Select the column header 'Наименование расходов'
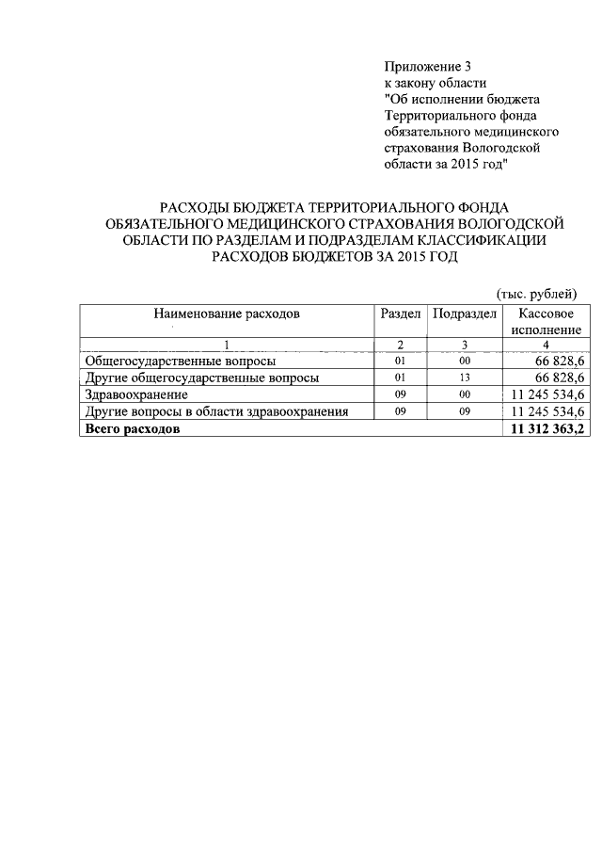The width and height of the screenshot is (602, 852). (227, 313)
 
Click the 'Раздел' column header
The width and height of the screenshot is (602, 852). (400, 313)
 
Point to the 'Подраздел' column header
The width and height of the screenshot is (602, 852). (464, 313)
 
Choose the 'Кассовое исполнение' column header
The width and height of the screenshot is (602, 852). (547, 322)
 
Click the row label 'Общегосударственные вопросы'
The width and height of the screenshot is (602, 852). (180, 361)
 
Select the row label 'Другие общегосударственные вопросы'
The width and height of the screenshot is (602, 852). (201, 378)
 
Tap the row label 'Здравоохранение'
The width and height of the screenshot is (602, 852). (136, 394)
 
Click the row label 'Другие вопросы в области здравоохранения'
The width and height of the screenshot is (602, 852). (216, 411)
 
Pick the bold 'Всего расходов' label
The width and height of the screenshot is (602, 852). (132, 429)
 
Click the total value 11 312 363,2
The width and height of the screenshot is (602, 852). (547, 429)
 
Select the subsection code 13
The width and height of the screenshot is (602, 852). (464, 378)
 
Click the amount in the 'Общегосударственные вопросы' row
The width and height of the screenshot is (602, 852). (560, 361)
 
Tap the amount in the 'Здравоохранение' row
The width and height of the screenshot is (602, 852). (547, 394)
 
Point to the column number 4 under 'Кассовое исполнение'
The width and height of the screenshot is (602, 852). (547, 345)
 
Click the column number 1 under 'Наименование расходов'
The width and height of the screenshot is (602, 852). (227, 345)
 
